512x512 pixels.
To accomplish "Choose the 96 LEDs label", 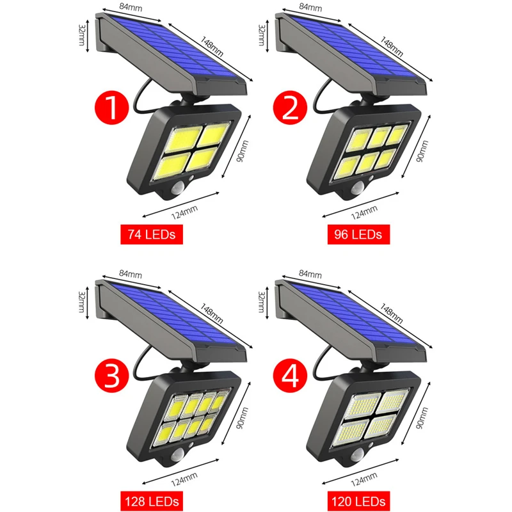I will point(358,235).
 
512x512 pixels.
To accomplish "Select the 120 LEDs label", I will point(358,498).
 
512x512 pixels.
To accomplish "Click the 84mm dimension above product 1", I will point(131,7).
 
